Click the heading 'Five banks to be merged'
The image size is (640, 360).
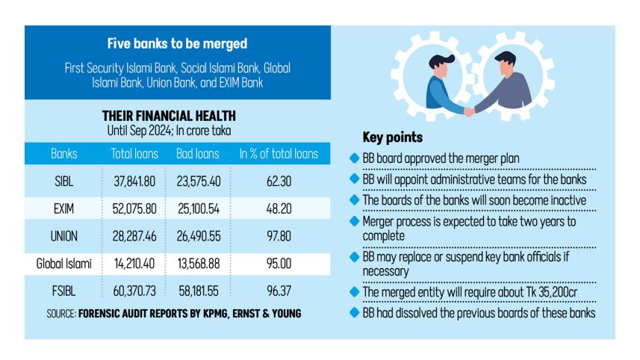(x=177, y=44)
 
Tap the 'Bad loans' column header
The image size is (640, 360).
(x=198, y=155)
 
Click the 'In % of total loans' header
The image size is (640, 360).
(x=279, y=155)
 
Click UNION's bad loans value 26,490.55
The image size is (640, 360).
(x=198, y=236)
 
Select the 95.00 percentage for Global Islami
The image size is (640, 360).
(x=279, y=264)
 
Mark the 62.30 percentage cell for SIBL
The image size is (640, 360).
(x=279, y=180)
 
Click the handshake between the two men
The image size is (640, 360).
(x=469, y=111)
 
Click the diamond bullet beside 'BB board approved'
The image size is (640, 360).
(x=354, y=159)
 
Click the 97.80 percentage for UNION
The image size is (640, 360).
(x=279, y=236)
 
